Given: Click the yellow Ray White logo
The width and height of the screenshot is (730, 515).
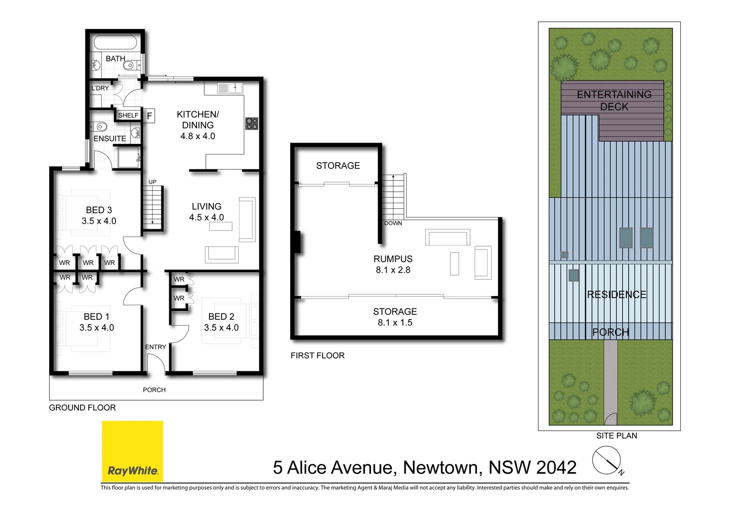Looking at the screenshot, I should [132, 451].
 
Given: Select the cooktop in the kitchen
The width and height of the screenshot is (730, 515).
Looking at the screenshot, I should [252, 124].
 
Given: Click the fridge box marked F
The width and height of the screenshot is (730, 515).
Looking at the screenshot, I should [149, 115].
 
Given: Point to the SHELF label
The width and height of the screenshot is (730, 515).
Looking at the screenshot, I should [128, 115].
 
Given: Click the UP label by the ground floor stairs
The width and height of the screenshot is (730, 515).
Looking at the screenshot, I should [152, 182].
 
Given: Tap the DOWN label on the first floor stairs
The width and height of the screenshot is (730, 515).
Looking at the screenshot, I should [393, 223].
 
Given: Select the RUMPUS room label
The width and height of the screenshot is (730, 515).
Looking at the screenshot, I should [393, 259].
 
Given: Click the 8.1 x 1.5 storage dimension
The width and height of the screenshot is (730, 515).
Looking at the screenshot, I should [395, 323].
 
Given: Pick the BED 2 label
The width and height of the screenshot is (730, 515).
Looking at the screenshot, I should [221, 317].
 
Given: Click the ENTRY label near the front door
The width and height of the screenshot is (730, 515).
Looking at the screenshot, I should [156, 347].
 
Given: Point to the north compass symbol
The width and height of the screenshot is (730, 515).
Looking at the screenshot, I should [607, 461].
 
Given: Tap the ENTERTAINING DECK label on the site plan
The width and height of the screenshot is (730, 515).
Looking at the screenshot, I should [614, 101].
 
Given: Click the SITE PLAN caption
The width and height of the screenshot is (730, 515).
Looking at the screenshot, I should [616, 436].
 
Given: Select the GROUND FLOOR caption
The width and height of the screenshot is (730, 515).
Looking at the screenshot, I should [82, 408].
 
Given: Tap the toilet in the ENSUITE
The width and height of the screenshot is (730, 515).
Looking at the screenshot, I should [99, 127].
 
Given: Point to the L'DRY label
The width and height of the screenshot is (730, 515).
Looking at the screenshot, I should [100, 88].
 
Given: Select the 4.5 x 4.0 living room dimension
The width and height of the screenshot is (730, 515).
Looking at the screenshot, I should [206, 217].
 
